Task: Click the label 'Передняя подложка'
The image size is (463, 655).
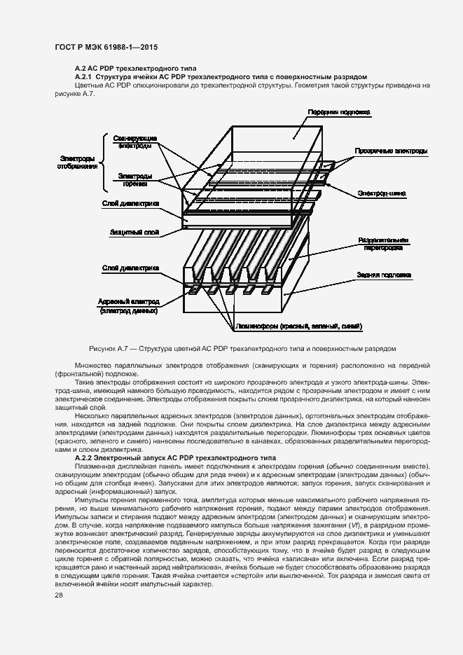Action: (339, 112)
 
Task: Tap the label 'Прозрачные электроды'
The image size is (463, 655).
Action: (391, 151)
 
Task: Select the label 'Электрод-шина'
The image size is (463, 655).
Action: (382, 193)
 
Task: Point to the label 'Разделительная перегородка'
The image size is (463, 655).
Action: (382, 243)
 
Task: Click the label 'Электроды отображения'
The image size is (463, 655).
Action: (78, 163)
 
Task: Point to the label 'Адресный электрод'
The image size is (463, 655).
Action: (130, 301)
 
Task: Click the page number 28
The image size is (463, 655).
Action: (59, 595)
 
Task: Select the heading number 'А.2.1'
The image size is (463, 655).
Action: (83, 76)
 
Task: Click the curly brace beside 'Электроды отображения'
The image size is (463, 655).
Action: (106, 163)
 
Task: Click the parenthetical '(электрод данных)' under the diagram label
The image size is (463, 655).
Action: (129, 310)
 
